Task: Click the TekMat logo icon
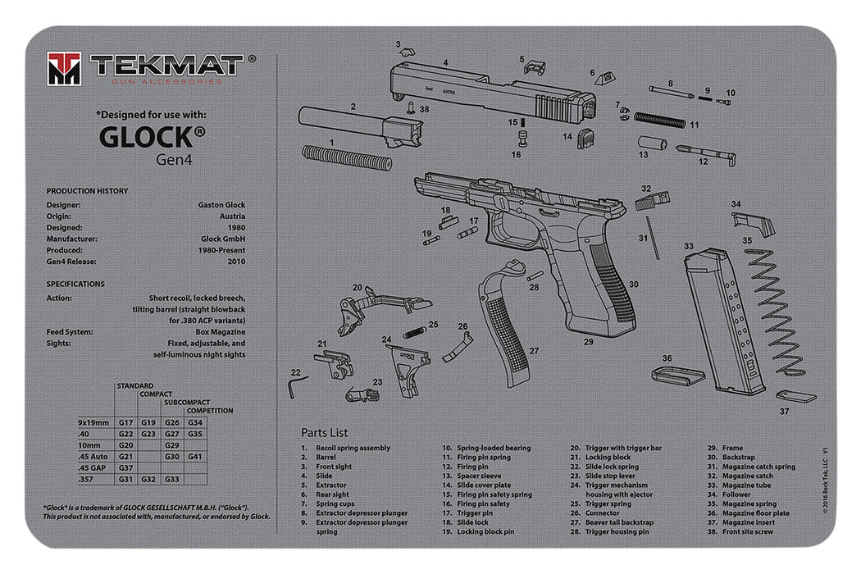64,68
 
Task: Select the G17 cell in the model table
125,422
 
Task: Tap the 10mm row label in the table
89,444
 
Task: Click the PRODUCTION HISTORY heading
87,190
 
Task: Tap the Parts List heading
324,432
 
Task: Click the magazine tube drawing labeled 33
726,320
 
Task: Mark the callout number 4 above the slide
445,62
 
